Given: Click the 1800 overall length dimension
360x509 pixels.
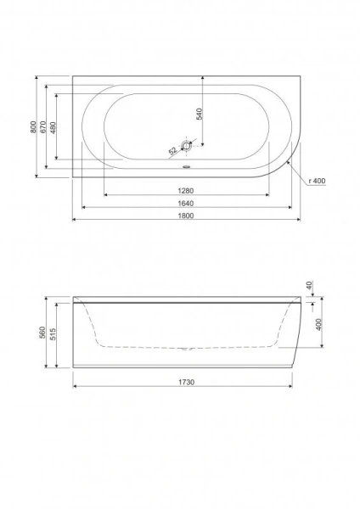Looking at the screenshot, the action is (186, 215).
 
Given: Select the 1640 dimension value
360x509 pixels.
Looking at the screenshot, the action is (186, 204).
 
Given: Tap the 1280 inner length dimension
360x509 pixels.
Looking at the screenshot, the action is (186, 191).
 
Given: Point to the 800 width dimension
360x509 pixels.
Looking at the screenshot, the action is (33, 126).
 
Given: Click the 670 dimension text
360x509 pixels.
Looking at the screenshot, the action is (43, 126).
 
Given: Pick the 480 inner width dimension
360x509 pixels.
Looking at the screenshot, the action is (53, 127).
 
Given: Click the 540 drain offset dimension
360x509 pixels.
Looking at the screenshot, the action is (200, 114).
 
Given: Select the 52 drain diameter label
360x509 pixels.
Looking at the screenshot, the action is (172, 151).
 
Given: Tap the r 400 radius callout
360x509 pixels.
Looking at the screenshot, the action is (317, 181).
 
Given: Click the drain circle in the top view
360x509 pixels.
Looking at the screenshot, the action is (187, 146).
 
